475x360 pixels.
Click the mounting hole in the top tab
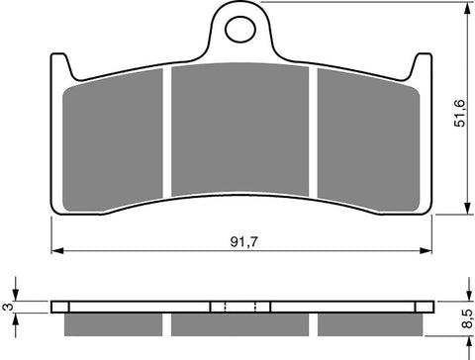pos(240,30)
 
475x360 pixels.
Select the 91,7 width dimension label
pos(243,242)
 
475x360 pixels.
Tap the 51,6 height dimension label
pos(459,113)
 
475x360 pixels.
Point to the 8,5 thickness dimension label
pos(467,318)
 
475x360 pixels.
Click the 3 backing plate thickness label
pos(8,307)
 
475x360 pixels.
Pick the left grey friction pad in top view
pos(113,139)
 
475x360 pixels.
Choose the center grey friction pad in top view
pos(240,130)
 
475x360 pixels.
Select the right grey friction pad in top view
pos(368,139)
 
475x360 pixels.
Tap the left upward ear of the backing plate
pos(60,65)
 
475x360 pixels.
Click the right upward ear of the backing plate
pos(422,65)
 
